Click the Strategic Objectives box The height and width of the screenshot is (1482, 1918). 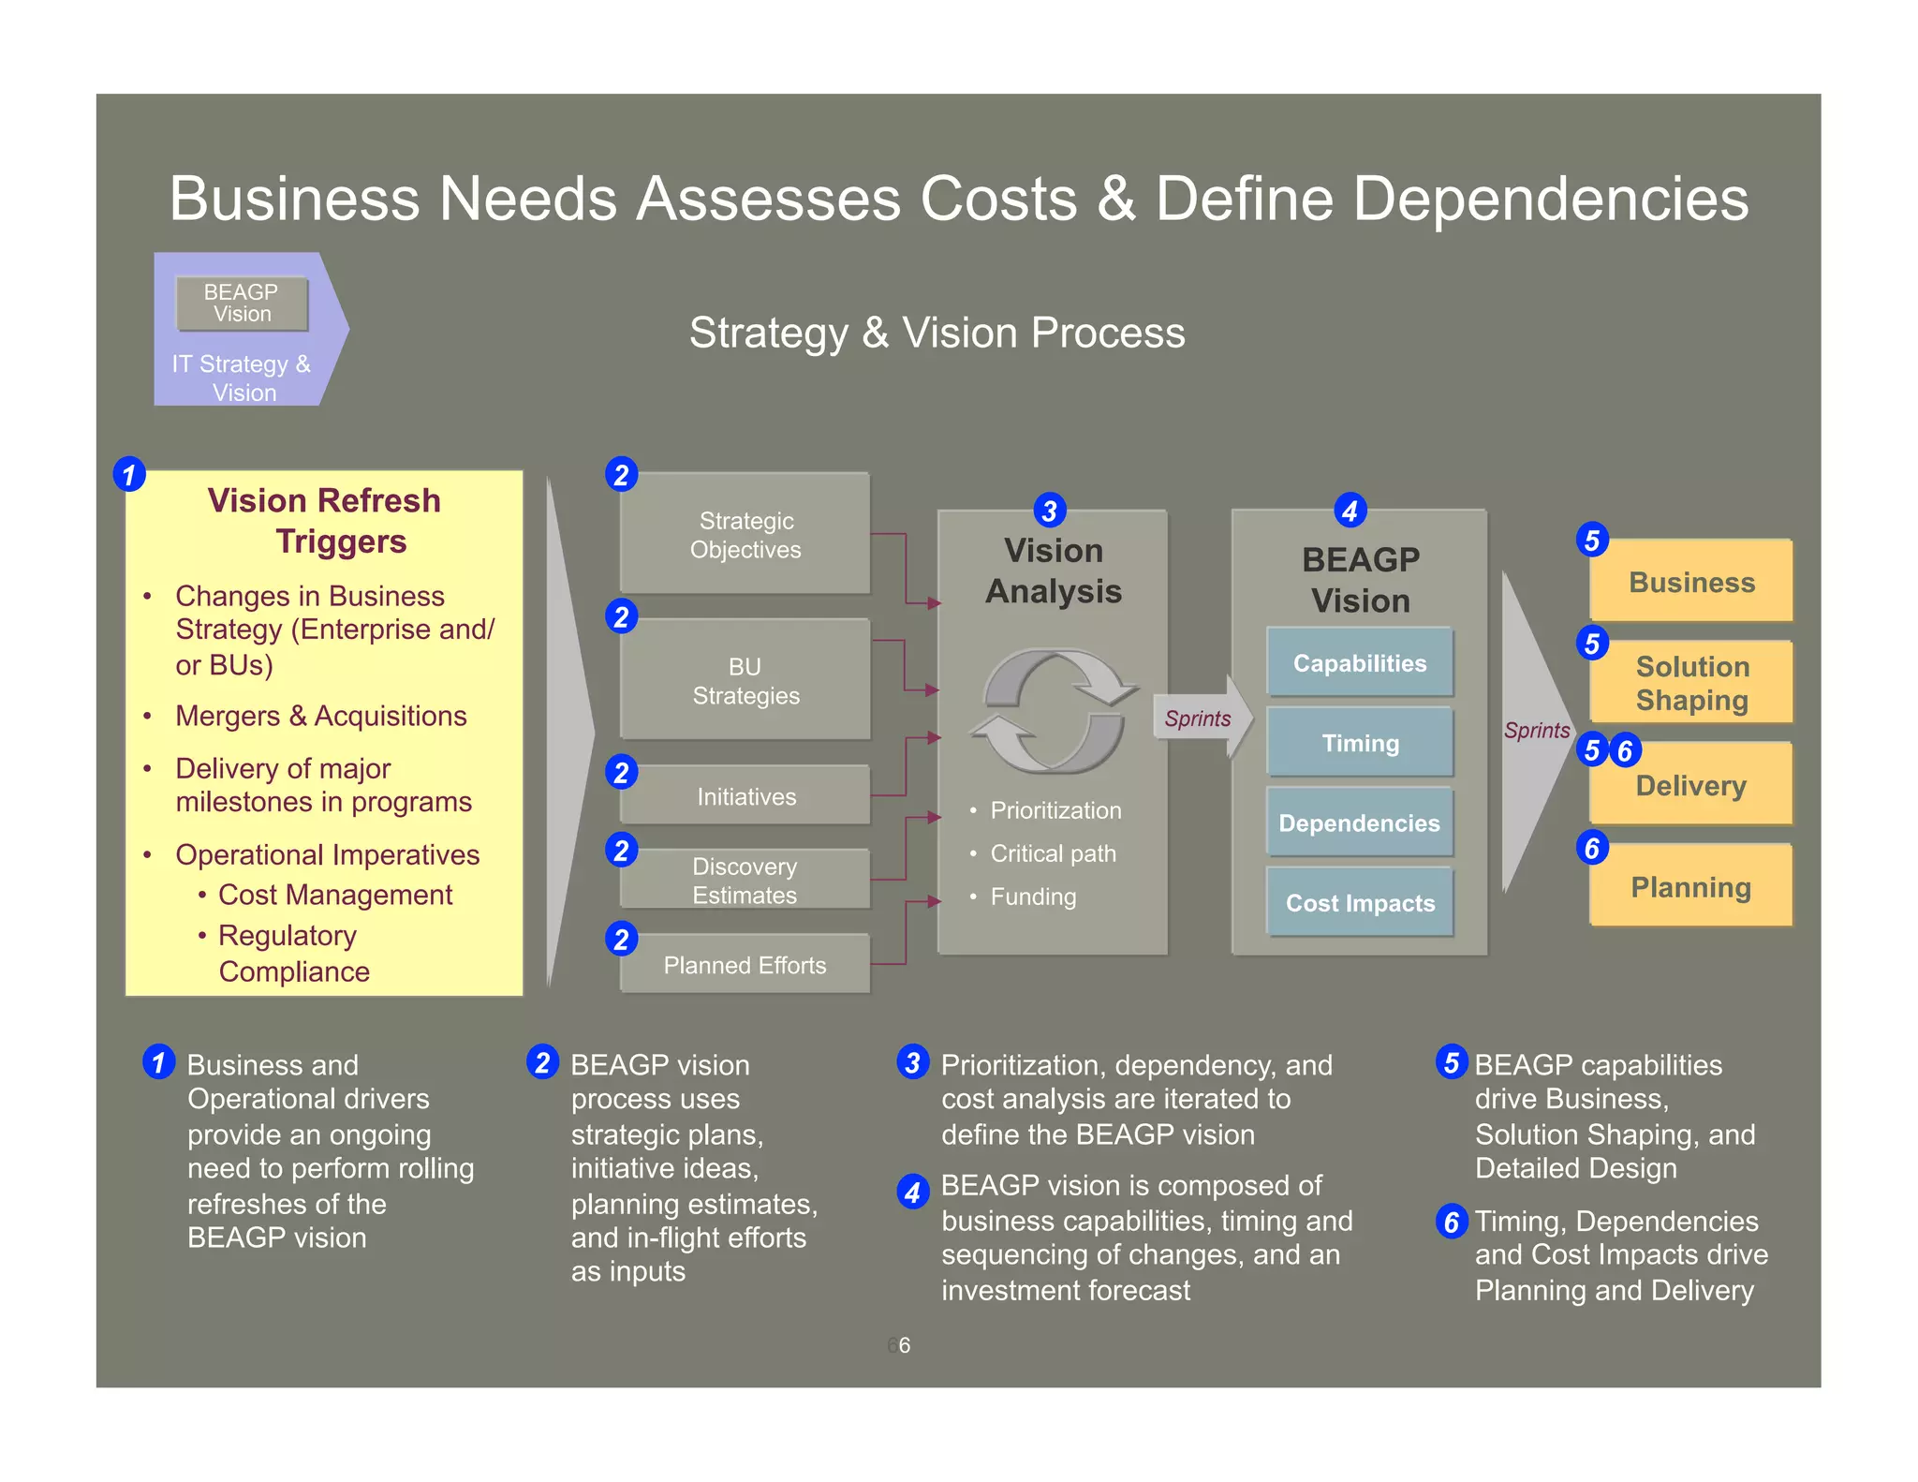click(x=745, y=534)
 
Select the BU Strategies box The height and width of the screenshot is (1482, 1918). click(x=745, y=680)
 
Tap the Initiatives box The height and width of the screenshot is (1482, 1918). click(x=745, y=796)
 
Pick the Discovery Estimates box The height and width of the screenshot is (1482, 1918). click(x=745, y=880)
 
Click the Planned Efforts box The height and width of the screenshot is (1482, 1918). click(x=745, y=965)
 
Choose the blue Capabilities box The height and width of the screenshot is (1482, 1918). click(x=1360, y=663)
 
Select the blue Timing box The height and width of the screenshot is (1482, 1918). click(x=1360, y=743)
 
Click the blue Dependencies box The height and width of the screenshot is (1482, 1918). click(x=1360, y=823)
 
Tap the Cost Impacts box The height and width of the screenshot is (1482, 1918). click(x=1360, y=902)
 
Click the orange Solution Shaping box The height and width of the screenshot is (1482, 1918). click(x=1691, y=683)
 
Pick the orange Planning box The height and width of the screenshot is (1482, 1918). click(x=1691, y=886)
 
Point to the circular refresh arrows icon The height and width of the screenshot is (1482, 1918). click(x=1054, y=711)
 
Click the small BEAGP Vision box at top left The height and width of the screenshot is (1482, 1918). click(x=242, y=303)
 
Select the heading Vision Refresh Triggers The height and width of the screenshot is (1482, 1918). click(x=324, y=521)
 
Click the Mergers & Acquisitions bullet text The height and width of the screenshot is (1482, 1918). click(x=320, y=716)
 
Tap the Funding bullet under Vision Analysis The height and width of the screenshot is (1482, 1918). click(x=1033, y=897)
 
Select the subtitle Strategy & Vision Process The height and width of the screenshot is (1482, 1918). click(x=937, y=333)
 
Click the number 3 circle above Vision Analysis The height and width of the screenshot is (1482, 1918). click(x=1049, y=511)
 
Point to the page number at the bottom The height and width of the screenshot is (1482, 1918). click(x=901, y=1345)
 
